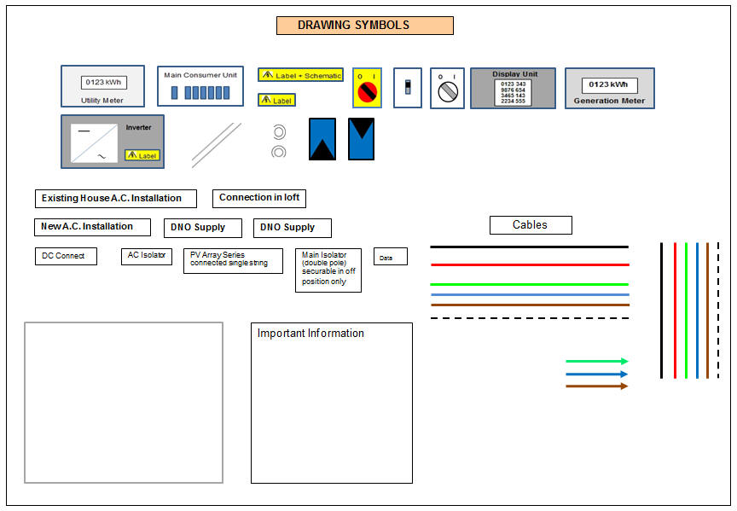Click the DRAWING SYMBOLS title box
coord(364,26)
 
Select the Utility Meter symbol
coord(102,86)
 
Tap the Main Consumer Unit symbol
coord(200,86)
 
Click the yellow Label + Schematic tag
coord(300,75)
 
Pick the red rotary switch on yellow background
coord(367,88)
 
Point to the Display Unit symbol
coord(513,88)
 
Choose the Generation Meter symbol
coord(609,88)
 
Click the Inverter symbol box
coord(113,141)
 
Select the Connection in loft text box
coord(259,198)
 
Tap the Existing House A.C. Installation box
coord(115,199)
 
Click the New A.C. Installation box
coord(92,227)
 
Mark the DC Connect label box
coord(66,256)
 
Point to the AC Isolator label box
coord(147,255)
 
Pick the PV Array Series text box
coord(233,260)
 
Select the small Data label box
coord(391,257)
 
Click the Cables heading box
coord(531,225)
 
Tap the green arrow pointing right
coord(596,361)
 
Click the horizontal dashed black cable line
coord(529,318)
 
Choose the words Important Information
coord(310,334)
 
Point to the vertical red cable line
coord(674,310)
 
